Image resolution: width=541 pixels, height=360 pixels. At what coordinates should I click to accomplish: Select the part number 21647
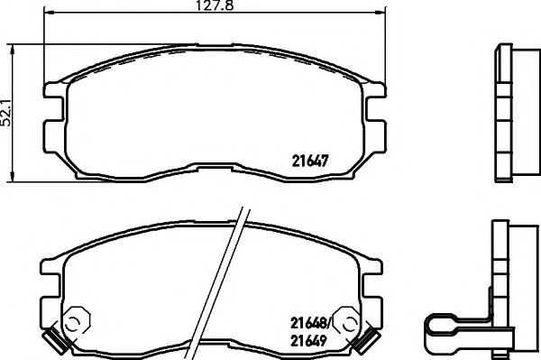(x=309, y=163)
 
